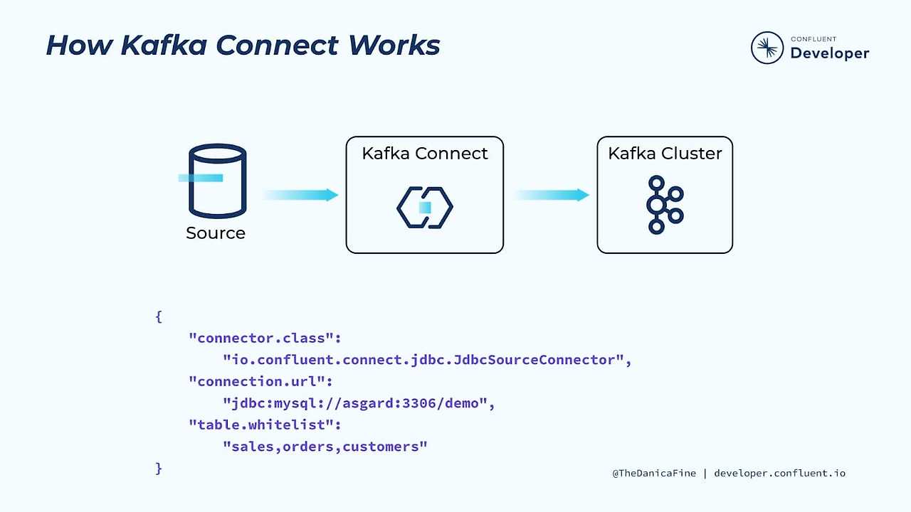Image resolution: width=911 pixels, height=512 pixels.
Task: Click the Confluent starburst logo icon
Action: tap(767, 48)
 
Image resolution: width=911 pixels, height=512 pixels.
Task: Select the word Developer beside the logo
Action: tap(829, 53)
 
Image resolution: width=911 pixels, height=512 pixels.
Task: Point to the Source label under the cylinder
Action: tap(216, 233)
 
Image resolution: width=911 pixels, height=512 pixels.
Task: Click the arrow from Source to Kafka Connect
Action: tap(300, 195)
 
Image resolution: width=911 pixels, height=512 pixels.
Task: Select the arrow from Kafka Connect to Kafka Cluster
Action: tap(552, 195)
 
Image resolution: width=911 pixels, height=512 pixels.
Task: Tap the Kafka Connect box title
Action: tap(425, 154)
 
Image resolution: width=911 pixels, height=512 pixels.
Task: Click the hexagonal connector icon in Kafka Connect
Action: tap(425, 208)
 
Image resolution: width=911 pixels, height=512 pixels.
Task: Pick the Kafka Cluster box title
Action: tap(665, 154)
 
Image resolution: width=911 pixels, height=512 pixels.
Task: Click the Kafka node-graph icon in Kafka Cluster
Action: tap(664, 205)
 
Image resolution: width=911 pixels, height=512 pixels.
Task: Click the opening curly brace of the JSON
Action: tap(159, 316)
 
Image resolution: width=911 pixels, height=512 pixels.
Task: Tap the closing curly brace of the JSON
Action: tap(159, 468)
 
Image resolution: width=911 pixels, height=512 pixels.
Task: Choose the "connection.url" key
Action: tap(260, 382)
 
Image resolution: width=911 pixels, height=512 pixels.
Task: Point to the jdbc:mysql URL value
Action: tap(358, 403)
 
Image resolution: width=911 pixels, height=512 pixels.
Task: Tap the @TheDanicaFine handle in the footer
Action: tap(654, 473)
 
